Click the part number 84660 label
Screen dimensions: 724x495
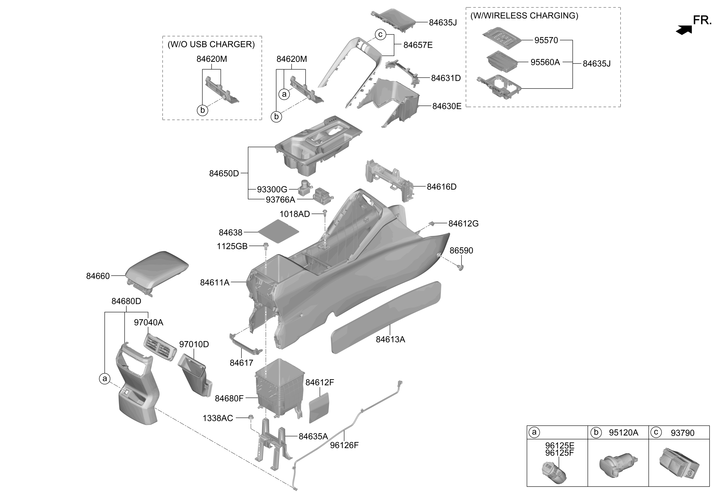98,276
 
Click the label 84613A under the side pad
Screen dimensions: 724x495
390,339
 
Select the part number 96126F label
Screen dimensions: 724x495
344,445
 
